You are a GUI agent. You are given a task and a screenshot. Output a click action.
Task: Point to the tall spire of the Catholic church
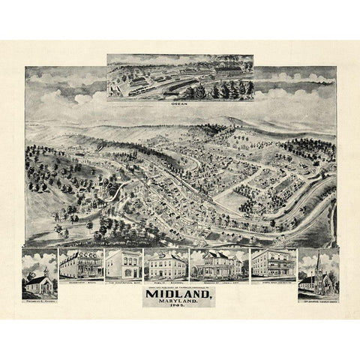tap(319, 259)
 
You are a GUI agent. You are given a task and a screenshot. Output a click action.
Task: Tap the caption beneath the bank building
tap(123, 283)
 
